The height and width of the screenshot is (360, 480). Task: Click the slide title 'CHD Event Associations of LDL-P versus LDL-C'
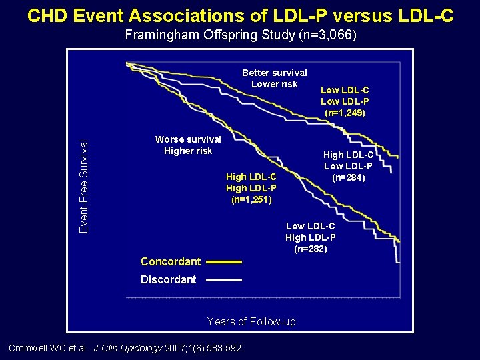coord(240,15)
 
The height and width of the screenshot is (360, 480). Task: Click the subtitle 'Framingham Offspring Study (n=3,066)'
coord(240,35)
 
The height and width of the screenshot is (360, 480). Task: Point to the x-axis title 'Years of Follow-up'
coord(251,322)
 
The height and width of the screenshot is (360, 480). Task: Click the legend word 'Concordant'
coord(170,262)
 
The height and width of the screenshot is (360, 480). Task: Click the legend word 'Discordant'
coord(168,280)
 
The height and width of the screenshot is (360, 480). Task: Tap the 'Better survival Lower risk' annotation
coord(274,78)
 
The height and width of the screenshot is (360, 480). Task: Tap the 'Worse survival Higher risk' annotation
coord(187,145)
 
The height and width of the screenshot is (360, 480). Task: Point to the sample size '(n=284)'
coord(347,177)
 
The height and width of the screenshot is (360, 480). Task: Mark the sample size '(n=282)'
coord(310,249)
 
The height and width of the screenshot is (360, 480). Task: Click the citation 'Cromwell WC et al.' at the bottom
coord(48,348)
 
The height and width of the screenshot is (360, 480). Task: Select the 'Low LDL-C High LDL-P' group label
coord(310,232)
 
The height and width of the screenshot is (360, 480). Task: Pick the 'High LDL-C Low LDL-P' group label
coord(347,160)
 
